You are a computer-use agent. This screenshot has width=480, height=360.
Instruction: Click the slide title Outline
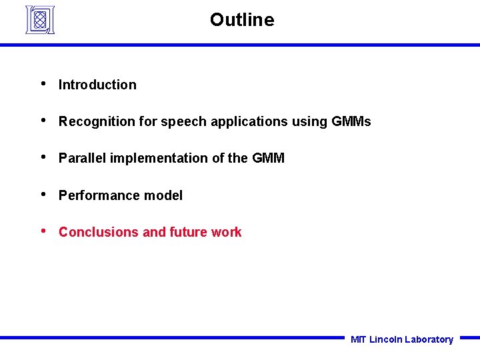241,20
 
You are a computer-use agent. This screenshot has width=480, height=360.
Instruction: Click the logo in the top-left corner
39,19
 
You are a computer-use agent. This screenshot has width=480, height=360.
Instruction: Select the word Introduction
97,85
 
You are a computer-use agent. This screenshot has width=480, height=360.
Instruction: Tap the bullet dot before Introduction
43,84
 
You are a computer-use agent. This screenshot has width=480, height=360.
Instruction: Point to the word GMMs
351,121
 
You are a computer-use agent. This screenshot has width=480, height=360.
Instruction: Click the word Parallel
83,158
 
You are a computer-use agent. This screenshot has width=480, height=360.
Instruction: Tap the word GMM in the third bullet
268,158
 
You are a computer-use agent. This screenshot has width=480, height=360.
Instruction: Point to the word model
165,195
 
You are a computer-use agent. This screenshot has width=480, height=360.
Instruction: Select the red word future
189,232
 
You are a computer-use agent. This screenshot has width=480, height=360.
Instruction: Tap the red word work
227,232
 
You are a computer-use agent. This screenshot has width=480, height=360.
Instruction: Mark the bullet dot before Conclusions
43,231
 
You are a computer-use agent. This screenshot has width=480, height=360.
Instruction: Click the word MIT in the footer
358,339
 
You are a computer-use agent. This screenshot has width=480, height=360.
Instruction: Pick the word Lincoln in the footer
385,339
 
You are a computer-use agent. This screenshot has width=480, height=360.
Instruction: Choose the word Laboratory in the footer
429,339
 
